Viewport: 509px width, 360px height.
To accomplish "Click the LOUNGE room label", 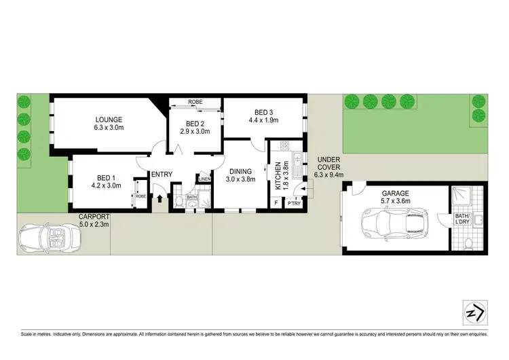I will pyautogui.click(x=109, y=120).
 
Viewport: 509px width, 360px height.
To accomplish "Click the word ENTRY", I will pyautogui.click(x=162, y=175).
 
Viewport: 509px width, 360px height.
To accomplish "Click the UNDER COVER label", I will pyautogui.click(x=329, y=166).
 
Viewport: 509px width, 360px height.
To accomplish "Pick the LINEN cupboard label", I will pyautogui.click(x=204, y=179).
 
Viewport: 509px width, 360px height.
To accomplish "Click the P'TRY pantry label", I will pyautogui.click(x=294, y=203).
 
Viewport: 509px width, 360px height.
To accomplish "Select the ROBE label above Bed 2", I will pyautogui.click(x=195, y=101).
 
